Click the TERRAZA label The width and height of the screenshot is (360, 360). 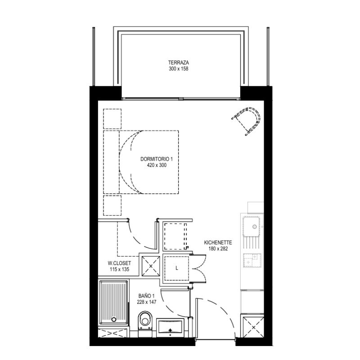point(178,63)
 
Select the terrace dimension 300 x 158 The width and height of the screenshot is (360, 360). point(178,69)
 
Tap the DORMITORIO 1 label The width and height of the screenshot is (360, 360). point(156,159)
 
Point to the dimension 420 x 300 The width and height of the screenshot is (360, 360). point(157,165)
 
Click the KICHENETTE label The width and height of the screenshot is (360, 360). point(218,243)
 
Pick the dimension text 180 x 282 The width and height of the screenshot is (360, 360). point(218,249)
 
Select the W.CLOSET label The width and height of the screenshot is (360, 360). point(119,263)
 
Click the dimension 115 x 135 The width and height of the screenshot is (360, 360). point(119,269)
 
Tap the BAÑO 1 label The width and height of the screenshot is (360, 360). point(147,296)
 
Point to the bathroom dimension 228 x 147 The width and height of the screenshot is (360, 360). point(147,302)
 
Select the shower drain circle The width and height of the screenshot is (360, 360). point(114,319)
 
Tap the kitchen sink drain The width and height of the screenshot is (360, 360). point(254,227)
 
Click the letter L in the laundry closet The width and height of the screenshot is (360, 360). point(176,268)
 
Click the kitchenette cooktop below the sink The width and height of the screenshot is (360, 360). point(252,261)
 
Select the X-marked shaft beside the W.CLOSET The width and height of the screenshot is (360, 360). point(151,266)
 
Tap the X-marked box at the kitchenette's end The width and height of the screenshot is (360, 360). point(253,327)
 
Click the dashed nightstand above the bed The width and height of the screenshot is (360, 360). point(112,119)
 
